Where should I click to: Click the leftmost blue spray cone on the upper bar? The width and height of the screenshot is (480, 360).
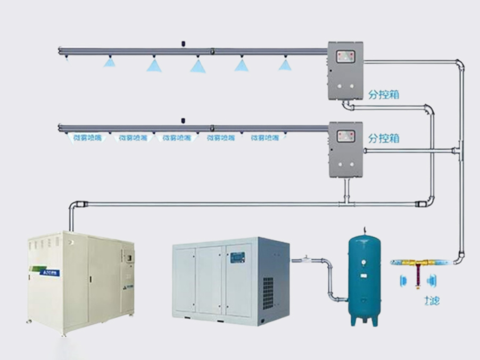(x=109, y=62)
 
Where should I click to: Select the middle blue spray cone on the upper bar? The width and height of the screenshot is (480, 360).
(x=198, y=66)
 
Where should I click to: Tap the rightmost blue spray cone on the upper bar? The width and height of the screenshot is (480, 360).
(x=285, y=64)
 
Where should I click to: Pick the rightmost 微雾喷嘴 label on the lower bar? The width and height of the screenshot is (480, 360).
(x=265, y=138)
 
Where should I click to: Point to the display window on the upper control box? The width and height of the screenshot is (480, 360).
(x=345, y=56)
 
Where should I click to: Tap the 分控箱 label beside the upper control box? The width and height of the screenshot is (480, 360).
(x=384, y=95)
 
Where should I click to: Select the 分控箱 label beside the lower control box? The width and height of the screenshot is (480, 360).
(x=384, y=138)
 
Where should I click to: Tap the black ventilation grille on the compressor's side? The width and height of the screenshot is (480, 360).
(x=268, y=292)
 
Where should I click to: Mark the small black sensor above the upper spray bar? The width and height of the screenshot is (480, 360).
(x=183, y=42)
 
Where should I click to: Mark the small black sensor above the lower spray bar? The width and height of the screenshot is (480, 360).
(x=183, y=120)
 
